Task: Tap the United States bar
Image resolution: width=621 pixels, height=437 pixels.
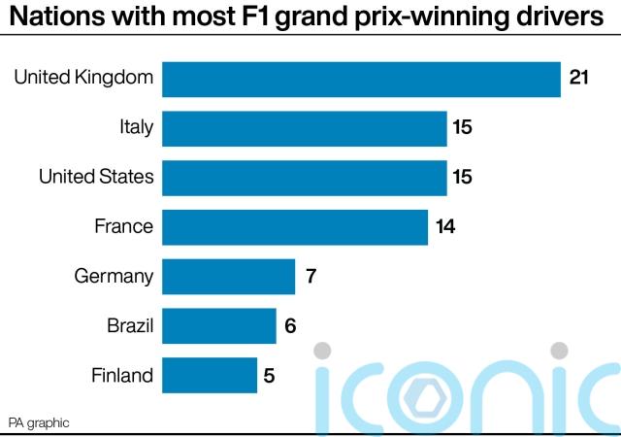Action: click(304, 178)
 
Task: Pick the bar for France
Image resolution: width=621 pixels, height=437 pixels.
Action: click(295, 227)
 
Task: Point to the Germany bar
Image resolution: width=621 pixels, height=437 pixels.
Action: click(228, 277)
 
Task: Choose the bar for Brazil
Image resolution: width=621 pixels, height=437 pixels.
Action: click(218, 326)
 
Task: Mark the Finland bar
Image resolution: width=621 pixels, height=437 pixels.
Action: click(210, 376)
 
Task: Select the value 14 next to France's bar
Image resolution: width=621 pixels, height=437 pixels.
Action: click(446, 227)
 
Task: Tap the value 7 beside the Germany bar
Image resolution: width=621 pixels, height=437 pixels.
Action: click(310, 277)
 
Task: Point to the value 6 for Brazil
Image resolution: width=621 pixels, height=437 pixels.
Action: click(290, 326)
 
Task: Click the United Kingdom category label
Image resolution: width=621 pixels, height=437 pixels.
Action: click(83, 78)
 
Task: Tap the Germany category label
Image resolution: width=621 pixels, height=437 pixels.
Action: click(114, 277)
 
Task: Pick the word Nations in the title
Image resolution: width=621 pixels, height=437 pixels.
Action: click(49, 17)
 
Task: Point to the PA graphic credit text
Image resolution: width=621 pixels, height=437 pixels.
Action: click(39, 422)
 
